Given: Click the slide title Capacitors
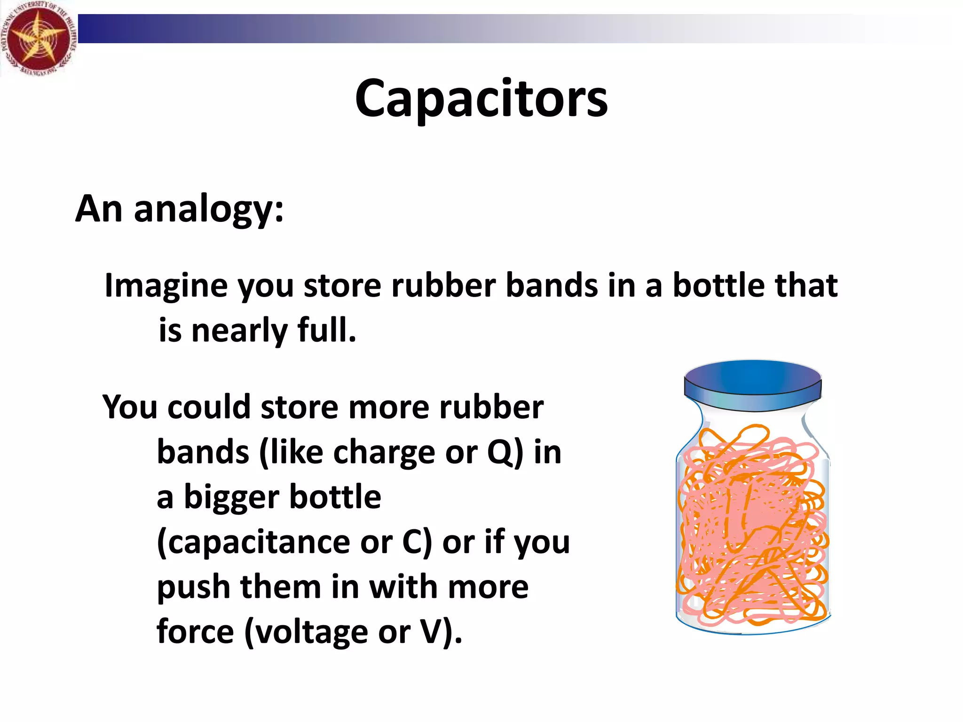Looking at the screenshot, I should click(481, 99).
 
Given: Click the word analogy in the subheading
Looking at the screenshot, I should click(209, 209).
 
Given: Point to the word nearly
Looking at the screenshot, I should click(239, 330).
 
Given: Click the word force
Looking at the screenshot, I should click(195, 632).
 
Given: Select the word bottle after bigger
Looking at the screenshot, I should click(335, 497).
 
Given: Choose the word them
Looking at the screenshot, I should click(280, 587).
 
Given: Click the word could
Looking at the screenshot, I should click(209, 407).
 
